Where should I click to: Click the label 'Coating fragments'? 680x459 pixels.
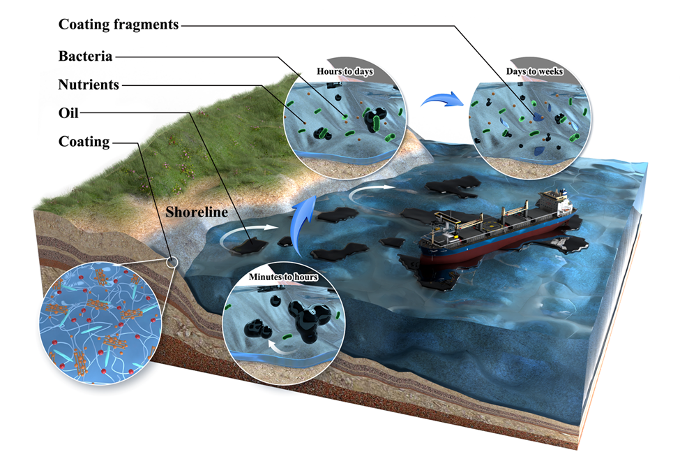119,25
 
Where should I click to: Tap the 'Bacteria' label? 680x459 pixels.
86,55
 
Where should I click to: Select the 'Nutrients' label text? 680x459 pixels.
89,85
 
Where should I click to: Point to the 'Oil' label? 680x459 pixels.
71,112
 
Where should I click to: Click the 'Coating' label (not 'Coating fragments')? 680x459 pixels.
84,142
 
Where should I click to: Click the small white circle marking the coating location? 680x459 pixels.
172,262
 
